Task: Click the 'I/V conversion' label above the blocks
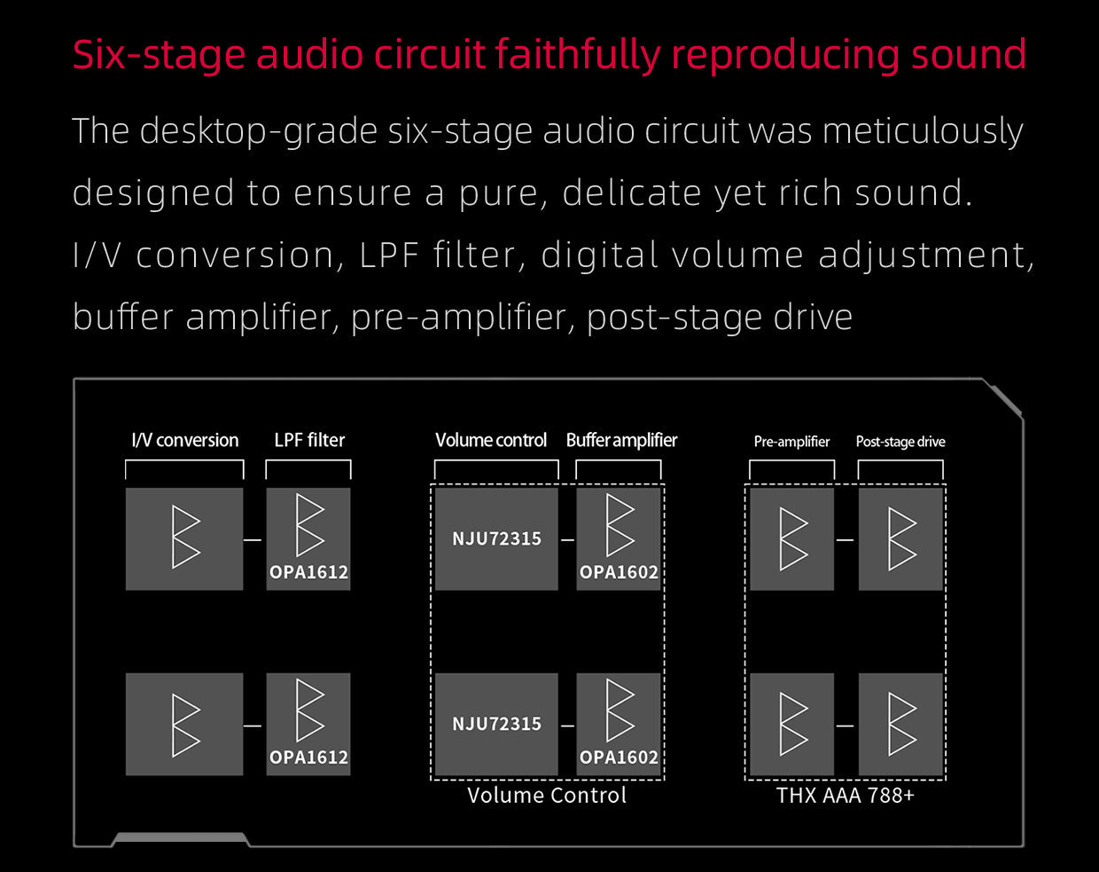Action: tap(184, 440)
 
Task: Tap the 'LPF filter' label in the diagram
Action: tap(309, 440)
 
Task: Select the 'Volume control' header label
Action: tap(491, 440)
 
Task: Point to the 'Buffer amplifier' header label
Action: tap(621, 440)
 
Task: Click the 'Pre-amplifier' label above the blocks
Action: tap(791, 442)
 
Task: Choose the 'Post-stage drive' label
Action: tap(900, 442)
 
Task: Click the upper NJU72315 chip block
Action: tap(496, 538)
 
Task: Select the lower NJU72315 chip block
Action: tap(496, 724)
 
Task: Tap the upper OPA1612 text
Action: tap(308, 572)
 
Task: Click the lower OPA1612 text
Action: tap(308, 758)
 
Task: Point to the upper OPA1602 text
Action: tap(619, 572)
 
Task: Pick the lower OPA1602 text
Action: tap(619, 758)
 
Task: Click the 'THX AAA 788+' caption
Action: tap(845, 795)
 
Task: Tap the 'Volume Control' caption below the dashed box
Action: tap(547, 795)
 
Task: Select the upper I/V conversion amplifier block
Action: tap(184, 538)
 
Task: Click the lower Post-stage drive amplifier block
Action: tap(900, 724)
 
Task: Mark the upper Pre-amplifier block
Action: tap(791, 538)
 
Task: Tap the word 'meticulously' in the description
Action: tap(923, 131)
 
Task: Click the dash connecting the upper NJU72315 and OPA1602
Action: tap(567, 539)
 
